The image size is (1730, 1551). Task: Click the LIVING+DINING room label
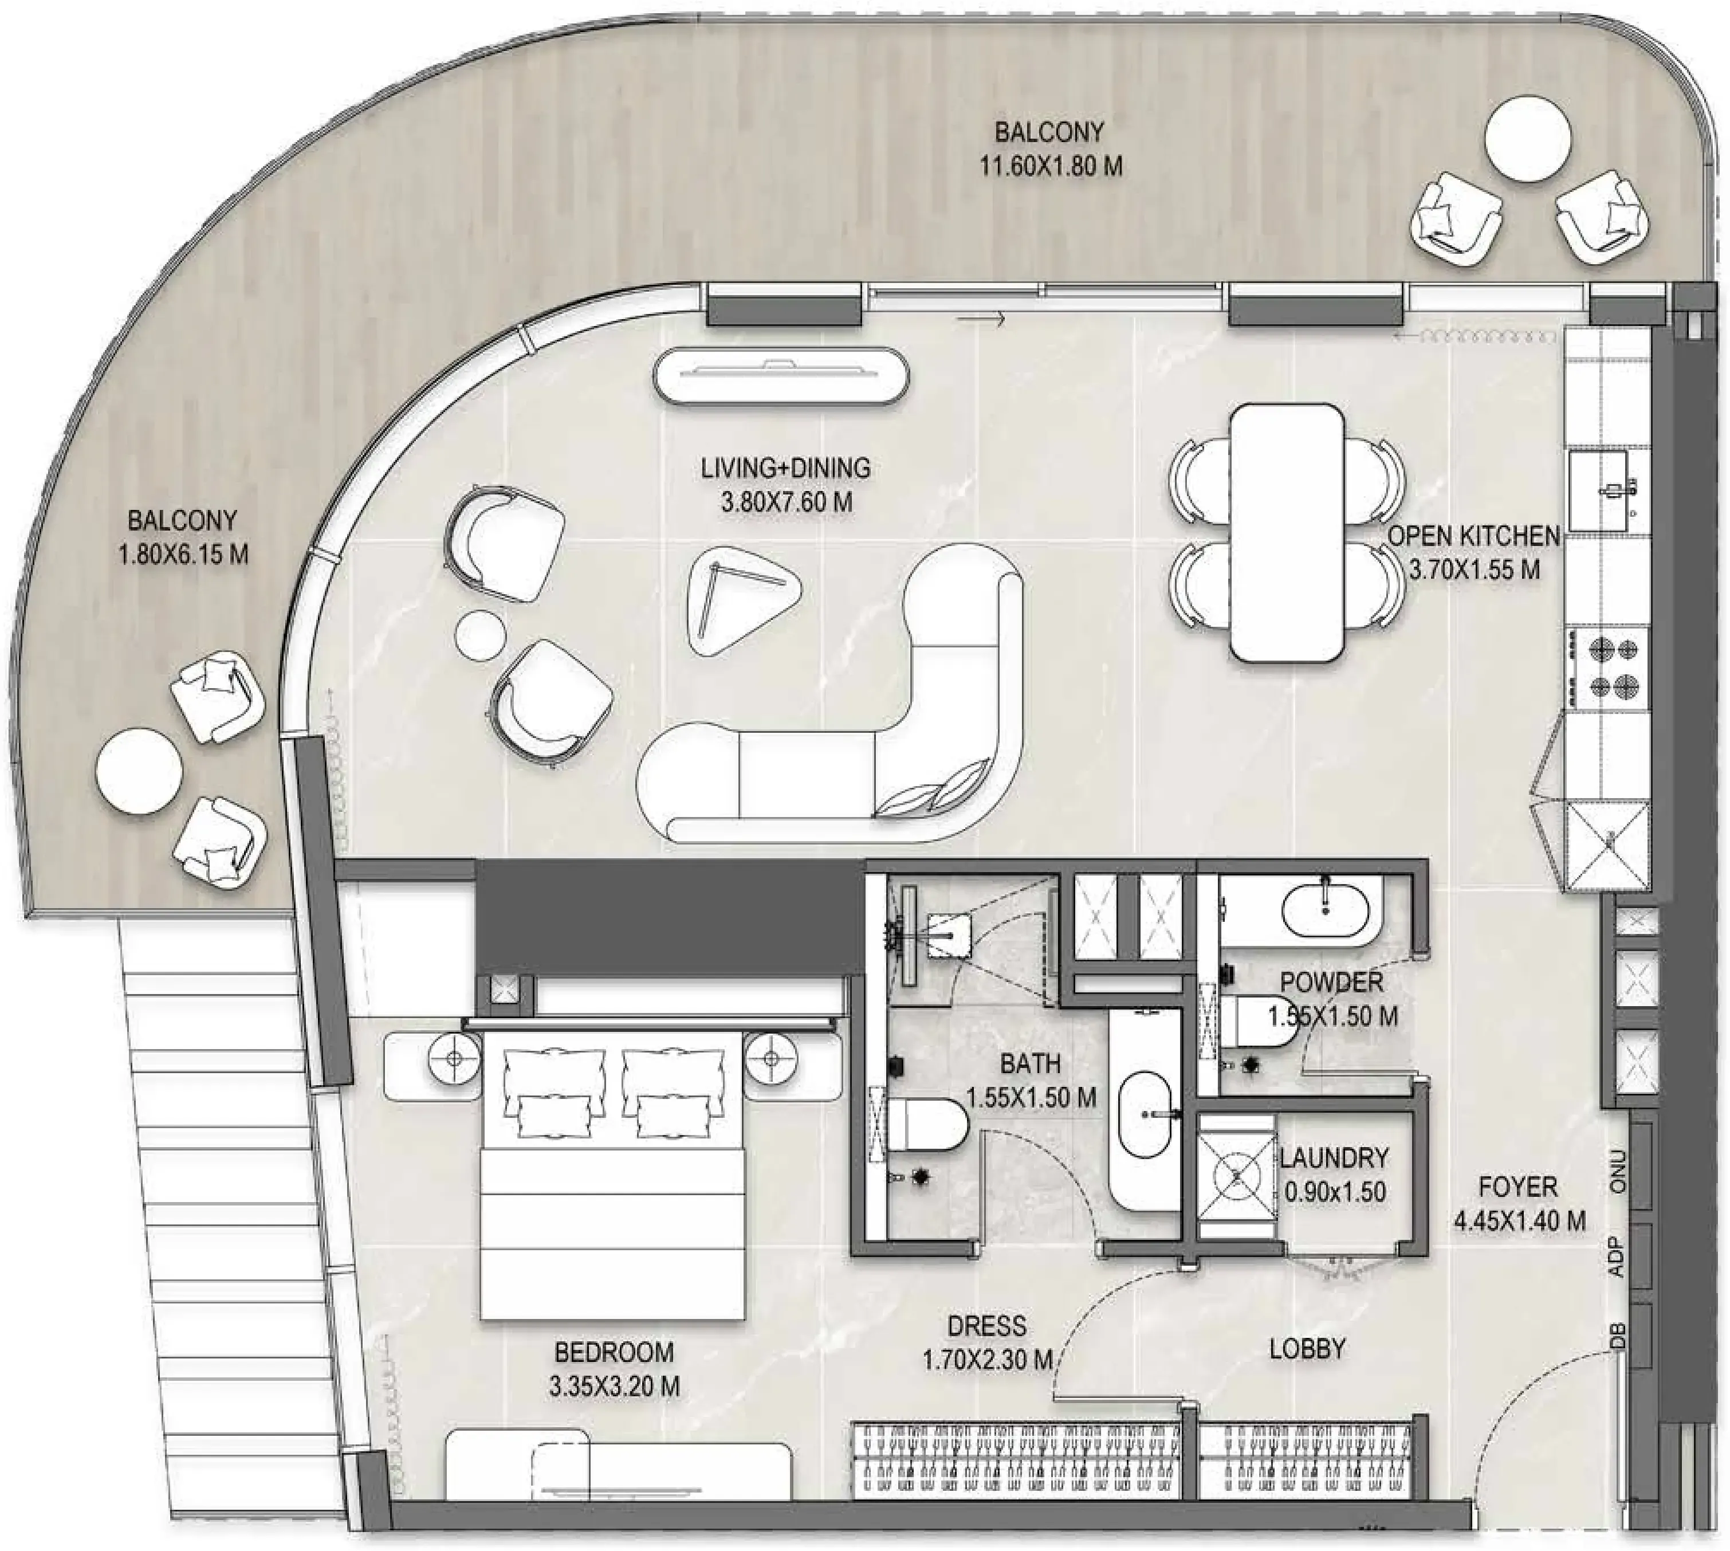tap(786, 468)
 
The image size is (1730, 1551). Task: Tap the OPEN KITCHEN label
tap(1475, 536)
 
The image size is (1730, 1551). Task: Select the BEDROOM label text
tap(614, 1352)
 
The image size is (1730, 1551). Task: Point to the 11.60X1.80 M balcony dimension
tap(1050, 166)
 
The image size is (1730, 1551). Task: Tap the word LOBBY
tap(1307, 1349)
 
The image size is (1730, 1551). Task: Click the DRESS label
tap(987, 1326)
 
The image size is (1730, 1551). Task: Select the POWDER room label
tap(1331, 981)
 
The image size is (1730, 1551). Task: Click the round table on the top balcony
tap(1528, 139)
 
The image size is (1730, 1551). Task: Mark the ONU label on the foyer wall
tap(1618, 1172)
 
